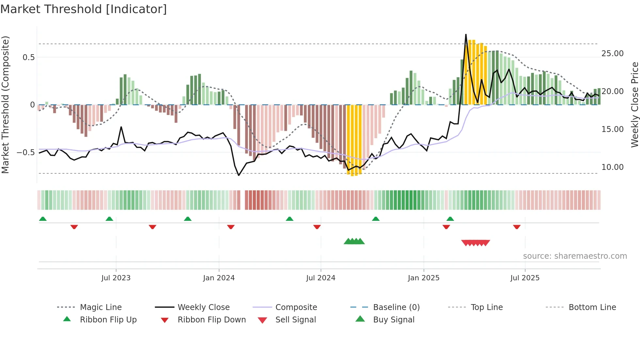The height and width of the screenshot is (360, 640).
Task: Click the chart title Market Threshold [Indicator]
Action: click(84, 9)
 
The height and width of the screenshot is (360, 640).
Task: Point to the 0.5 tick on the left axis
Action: click(28, 57)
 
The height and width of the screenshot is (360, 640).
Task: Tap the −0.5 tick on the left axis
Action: click(25, 153)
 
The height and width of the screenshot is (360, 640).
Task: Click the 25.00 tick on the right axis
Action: click(612, 54)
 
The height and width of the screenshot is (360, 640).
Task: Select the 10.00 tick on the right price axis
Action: click(612, 167)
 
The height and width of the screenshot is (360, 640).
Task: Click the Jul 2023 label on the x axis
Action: click(116, 278)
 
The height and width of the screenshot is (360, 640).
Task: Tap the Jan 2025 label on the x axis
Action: click(424, 278)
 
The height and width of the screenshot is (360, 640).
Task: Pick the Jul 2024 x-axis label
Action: click(321, 278)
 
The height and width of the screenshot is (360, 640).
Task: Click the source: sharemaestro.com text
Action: click(575, 256)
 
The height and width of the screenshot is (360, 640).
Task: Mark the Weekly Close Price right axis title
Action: click(634, 105)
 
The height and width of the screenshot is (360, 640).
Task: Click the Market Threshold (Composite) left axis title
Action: click(5, 105)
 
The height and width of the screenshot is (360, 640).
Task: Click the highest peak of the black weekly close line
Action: click(466, 34)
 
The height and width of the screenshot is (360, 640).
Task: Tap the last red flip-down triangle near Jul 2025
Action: click(517, 227)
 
